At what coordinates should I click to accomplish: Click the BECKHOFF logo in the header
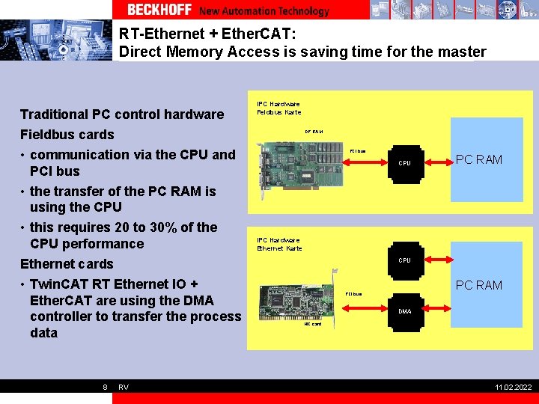click(159, 10)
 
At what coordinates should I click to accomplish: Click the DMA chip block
click(404, 311)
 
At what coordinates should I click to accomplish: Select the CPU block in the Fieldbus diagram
click(404, 162)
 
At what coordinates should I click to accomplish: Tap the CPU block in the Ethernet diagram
click(404, 260)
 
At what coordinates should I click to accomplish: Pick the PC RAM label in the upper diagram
click(479, 159)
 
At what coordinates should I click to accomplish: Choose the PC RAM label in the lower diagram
click(479, 285)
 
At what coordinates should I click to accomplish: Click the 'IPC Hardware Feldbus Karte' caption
click(279, 108)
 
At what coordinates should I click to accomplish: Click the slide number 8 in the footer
click(105, 387)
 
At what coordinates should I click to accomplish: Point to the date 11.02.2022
click(514, 387)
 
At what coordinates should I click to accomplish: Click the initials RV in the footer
click(124, 387)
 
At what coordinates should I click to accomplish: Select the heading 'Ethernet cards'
click(67, 264)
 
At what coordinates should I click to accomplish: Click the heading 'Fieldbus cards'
click(67, 135)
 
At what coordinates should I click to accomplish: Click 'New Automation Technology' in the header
click(264, 10)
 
